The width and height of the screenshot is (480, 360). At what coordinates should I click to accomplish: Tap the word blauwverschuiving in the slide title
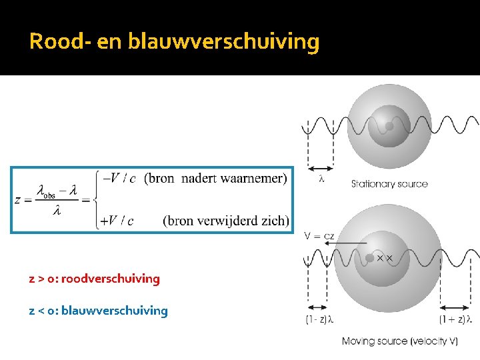click(223, 42)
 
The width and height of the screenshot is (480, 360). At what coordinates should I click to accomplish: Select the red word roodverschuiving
click(111, 279)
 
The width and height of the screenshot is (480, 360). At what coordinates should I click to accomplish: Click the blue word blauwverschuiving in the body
click(115, 311)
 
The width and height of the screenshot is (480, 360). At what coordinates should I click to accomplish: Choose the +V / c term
click(116, 221)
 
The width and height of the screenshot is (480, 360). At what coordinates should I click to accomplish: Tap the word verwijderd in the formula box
click(227, 221)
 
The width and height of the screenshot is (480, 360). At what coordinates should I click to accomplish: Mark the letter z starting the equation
click(17, 199)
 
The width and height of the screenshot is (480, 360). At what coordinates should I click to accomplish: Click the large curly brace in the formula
click(100, 199)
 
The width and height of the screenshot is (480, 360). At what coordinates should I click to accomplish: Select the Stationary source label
click(389, 184)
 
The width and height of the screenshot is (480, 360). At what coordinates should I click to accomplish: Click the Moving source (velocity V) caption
click(400, 341)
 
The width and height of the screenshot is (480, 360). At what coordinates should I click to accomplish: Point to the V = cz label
click(318, 235)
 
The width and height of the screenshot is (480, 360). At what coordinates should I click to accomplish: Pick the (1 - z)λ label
click(319, 320)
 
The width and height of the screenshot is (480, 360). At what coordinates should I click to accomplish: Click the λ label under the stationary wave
click(321, 178)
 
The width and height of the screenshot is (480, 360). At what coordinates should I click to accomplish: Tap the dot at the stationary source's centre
click(389, 125)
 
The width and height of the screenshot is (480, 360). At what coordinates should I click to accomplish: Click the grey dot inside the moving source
click(370, 257)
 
